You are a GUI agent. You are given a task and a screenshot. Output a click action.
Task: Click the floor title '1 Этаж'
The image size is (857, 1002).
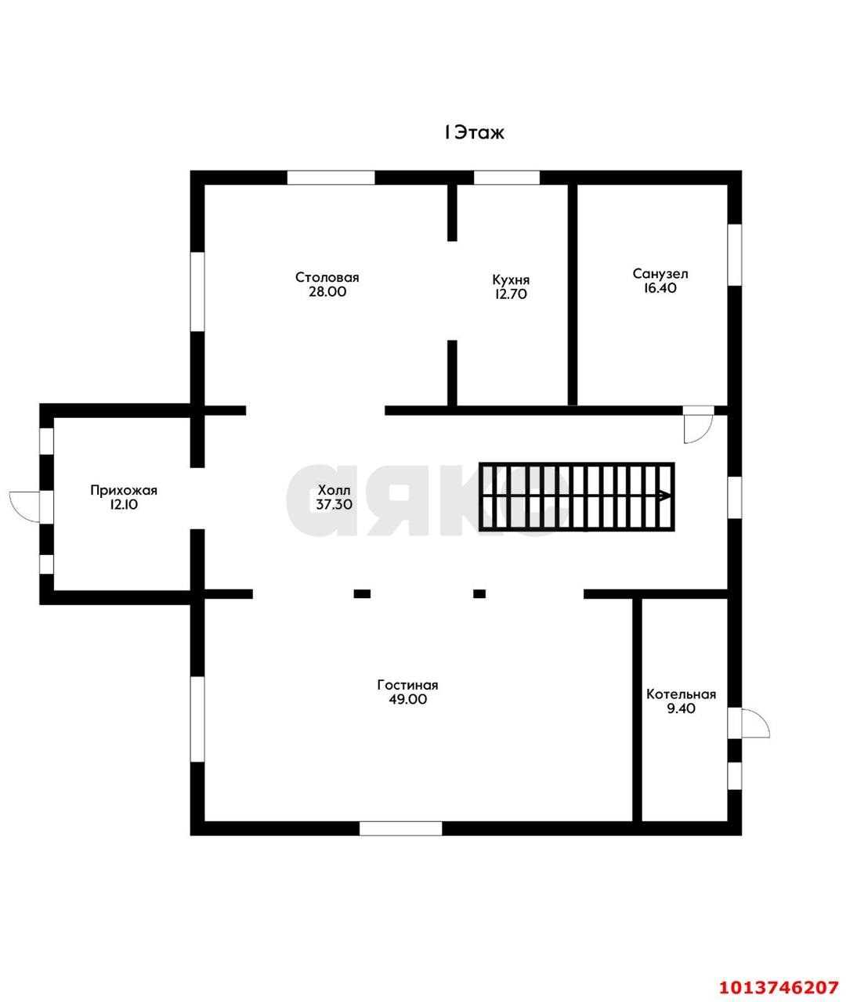pos(475,132)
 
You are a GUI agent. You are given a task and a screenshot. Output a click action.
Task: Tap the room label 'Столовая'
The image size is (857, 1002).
pos(327,278)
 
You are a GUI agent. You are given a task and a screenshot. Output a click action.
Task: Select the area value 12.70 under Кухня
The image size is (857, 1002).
pos(511,294)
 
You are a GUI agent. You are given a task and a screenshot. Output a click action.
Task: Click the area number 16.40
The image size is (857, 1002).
pos(660,288)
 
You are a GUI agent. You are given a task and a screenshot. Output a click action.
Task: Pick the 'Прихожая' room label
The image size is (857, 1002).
pos(124,490)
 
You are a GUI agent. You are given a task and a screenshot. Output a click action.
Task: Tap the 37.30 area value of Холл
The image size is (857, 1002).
pos(334,504)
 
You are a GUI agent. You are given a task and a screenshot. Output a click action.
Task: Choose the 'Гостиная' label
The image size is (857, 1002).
pos(408,685)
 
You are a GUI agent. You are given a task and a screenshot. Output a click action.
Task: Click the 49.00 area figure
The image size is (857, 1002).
pos(408,699)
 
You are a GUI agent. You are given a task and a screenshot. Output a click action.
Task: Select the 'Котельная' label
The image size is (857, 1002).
pos(681,694)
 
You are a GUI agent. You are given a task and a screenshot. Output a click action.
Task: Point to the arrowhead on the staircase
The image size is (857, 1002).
pos(665,496)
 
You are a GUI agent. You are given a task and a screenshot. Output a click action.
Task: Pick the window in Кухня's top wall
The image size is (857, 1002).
pos(506,178)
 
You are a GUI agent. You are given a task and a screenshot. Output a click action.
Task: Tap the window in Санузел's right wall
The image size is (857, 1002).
pos(735,255)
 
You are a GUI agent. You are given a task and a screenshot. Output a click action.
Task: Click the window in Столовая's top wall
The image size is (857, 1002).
pos(331,178)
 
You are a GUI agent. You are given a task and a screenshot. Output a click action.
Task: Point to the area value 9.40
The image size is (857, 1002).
pos(681,708)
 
